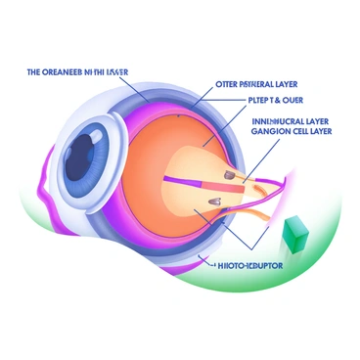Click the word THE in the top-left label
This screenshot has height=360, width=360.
tap(33, 71)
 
